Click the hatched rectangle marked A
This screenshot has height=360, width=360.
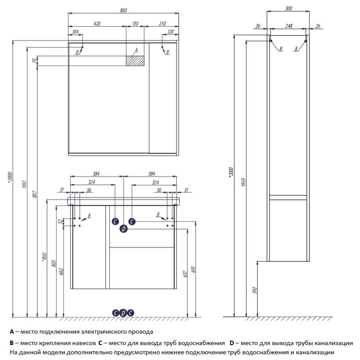135,61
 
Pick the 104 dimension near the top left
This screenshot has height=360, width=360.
75,32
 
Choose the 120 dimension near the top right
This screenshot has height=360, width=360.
171,32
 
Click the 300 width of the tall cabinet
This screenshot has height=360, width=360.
288,8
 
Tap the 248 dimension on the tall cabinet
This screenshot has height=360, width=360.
288,26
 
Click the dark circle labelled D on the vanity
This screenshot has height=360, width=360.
123,228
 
